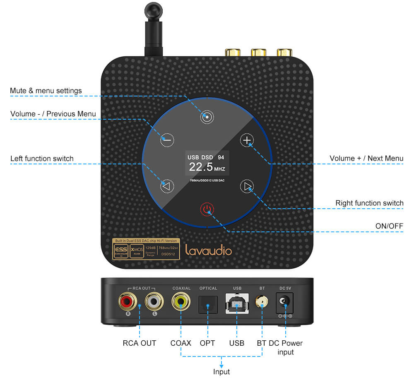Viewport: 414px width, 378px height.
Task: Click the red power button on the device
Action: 207,209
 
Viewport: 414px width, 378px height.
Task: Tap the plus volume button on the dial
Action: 247,140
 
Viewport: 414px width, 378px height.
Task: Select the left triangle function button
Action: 166,187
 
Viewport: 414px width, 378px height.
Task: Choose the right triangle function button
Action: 247,187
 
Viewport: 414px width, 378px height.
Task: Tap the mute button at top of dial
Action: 207,117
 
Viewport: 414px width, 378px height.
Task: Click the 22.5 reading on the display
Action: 201,167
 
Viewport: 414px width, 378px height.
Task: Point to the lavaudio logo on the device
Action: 208,250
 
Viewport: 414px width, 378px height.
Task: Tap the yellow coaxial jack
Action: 181,301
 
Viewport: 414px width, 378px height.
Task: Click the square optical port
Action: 208,306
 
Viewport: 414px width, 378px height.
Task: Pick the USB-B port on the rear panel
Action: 237,305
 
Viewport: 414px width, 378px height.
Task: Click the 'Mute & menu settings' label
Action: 46,91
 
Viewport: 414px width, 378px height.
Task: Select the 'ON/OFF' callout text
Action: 389,226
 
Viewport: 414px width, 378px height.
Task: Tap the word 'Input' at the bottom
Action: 221,371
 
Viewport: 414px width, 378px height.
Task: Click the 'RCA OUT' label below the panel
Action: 140,343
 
